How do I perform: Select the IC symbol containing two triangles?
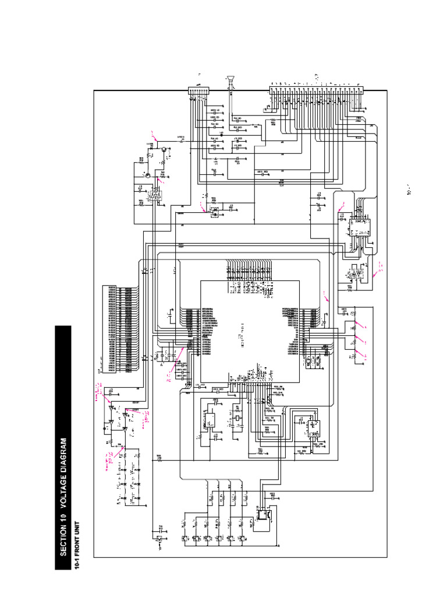(355, 273)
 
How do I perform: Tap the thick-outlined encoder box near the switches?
(264, 516)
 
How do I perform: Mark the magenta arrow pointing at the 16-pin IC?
(340, 205)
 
